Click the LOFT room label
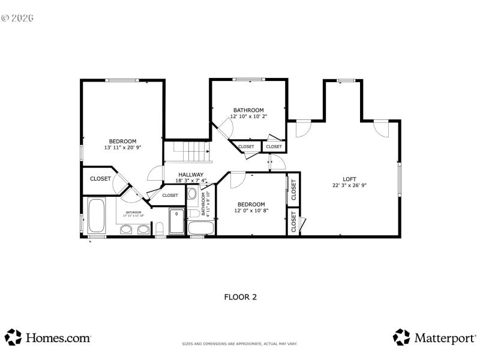tap(349, 179)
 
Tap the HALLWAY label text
tap(190, 175)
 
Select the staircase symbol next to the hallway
tap(189, 151)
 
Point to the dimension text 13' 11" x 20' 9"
tap(122, 148)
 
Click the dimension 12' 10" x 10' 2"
tap(248, 116)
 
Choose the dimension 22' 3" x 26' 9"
tap(349, 185)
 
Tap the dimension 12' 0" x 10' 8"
tap(251, 211)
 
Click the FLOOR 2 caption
tap(240, 296)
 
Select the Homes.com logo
tap(48, 337)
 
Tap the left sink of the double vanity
tap(127, 229)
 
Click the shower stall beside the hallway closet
tap(176, 221)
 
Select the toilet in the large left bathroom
tap(160, 229)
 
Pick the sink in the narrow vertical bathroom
tap(192, 193)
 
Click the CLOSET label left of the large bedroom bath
tap(100, 179)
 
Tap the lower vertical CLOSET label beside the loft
tap(293, 222)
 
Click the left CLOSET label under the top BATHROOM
tap(246, 146)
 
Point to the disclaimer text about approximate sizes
tap(240, 344)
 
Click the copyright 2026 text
tap(17, 17)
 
